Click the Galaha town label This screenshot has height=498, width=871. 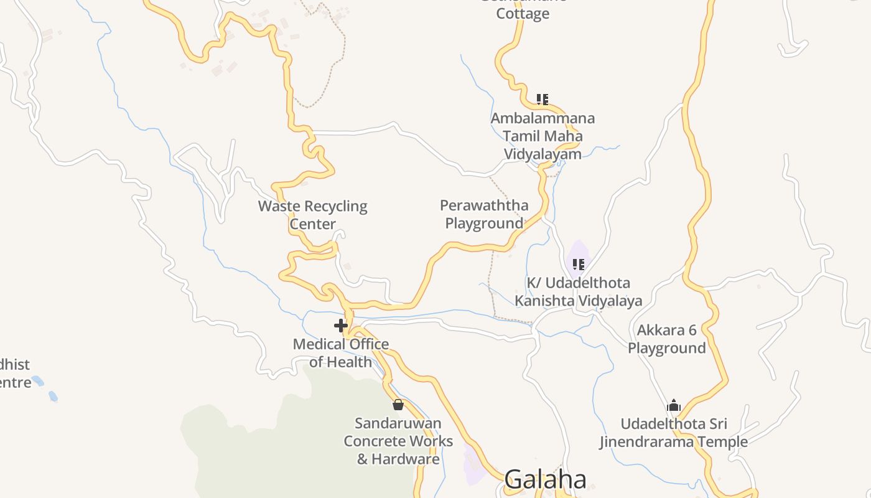tap(545, 479)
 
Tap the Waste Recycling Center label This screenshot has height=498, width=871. tap(313, 215)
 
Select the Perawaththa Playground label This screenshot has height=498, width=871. tap(484, 214)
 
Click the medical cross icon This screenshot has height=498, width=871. tap(340, 325)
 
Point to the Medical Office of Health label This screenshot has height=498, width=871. tap(341, 352)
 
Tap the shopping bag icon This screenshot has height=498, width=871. tap(398, 405)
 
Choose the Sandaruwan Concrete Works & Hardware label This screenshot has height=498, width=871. tap(398, 441)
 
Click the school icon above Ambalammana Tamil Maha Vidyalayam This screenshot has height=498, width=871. tap(543, 99)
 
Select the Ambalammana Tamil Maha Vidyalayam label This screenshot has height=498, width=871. tap(543, 136)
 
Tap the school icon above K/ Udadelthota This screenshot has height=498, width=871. tap(579, 265)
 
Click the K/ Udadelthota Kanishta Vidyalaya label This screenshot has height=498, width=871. tap(579, 292)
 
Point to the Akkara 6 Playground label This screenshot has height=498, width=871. tap(667, 339)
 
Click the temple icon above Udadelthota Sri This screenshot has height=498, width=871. tap(674, 406)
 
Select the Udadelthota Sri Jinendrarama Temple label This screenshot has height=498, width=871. tap(674, 433)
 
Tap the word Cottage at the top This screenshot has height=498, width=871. tap(523, 14)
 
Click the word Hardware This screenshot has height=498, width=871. tap(406, 459)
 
